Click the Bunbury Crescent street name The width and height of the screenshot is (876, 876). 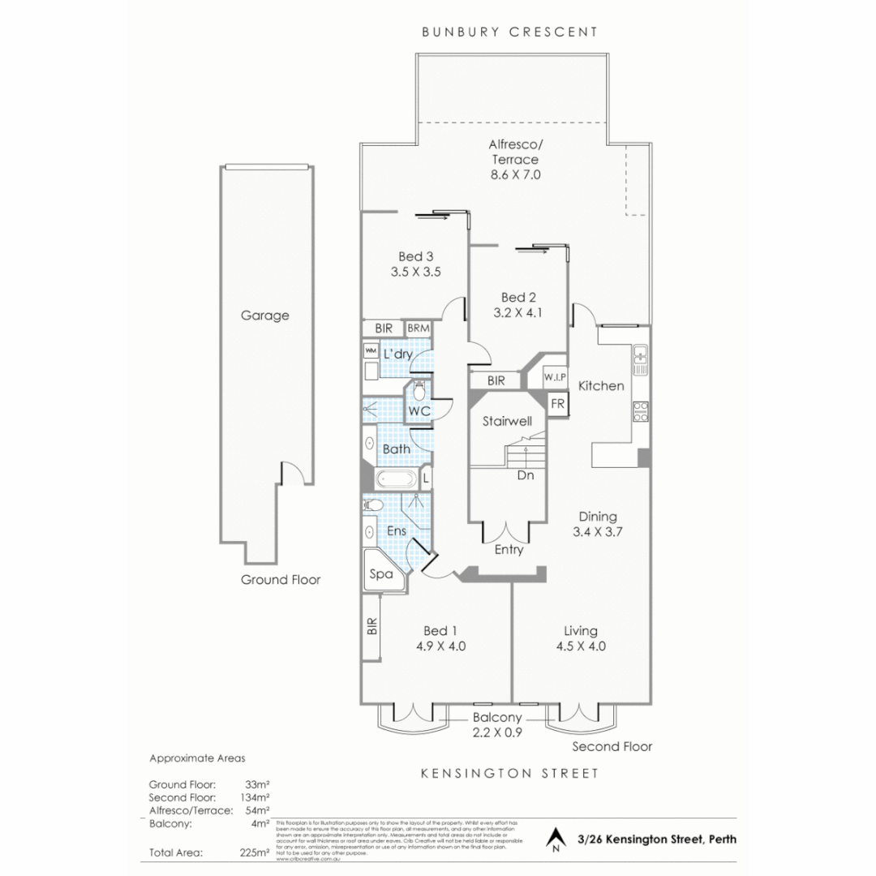click(x=509, y=32)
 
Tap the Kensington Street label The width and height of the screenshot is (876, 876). click(x=509, y=773)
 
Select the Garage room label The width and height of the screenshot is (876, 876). click(x=264, y=316)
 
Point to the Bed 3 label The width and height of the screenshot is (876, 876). click(x=414, y=257)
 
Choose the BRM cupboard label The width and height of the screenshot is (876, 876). click(x=419, y=328)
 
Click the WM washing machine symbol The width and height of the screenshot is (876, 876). click(x=371, y=350)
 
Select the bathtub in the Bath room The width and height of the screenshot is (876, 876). click(x=395, y=479)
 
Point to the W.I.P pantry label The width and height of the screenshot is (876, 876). click(x=554, y=378)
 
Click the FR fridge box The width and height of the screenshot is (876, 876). click(x=557, y=403)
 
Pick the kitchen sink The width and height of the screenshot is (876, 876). click(x=640, y=357)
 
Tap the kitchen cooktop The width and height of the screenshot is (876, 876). click(x=640, y=411)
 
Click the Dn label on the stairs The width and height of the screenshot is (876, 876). click(x=526, y=476)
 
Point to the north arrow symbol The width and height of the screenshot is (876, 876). click(x=556, y=839)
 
